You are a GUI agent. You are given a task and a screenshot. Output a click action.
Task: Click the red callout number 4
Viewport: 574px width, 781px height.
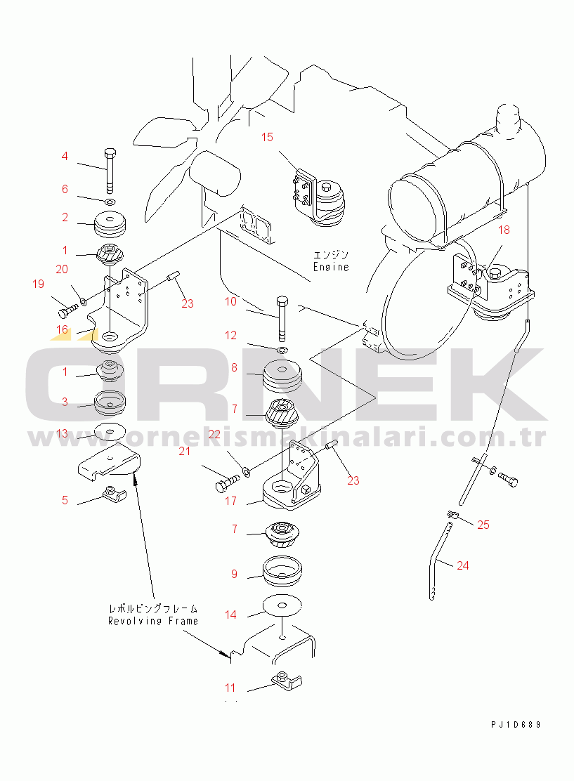64,157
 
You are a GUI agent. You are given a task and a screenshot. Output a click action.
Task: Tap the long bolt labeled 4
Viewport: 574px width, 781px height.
110,171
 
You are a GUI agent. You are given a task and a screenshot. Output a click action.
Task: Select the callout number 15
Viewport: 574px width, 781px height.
267,137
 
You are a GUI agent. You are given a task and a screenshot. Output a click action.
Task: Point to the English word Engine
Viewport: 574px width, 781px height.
331,267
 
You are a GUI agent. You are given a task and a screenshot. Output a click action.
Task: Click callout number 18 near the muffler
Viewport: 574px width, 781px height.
504,230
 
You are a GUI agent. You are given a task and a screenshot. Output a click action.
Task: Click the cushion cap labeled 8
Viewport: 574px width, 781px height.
282,378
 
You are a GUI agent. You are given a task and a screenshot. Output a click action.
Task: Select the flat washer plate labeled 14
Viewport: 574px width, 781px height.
282,605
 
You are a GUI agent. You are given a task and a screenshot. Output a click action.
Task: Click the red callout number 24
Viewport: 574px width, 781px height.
463,565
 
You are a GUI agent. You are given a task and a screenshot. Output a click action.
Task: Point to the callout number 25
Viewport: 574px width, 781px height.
483,525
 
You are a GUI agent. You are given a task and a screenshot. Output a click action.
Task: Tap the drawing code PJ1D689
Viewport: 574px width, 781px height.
516,725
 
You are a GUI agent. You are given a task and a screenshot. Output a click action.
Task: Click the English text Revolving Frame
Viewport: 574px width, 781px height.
153,621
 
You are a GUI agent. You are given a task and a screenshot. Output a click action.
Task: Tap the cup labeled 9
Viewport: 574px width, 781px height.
282,570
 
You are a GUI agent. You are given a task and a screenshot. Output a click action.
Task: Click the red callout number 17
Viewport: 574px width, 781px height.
230,501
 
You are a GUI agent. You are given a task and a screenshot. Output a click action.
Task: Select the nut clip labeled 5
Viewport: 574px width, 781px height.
114,495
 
